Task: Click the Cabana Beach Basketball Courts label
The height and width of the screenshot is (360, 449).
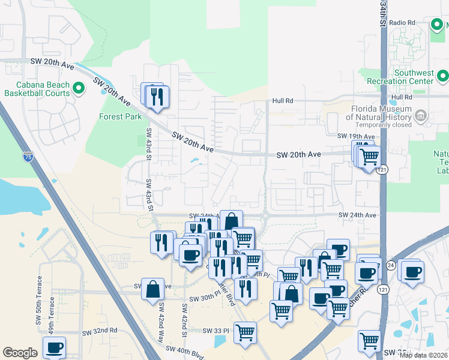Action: (37, 89)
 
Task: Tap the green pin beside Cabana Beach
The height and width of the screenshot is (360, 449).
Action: (78, 89)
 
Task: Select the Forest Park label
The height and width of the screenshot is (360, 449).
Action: (121, 117)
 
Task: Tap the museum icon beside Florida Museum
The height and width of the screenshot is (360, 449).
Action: (420, 114)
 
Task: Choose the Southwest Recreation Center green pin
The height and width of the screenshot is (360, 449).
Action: (442, 76)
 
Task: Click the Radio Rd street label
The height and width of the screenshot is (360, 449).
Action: (402, 23)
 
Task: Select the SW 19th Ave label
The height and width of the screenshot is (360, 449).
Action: (355, 137)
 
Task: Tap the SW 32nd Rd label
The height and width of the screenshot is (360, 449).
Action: (100, 331)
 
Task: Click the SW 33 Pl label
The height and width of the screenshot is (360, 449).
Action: (217, 331)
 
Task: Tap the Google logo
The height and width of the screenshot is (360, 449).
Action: (20, 353)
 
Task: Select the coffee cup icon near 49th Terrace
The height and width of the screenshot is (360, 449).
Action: (54, 347)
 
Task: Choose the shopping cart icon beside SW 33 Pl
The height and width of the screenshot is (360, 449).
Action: (245, 332)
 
